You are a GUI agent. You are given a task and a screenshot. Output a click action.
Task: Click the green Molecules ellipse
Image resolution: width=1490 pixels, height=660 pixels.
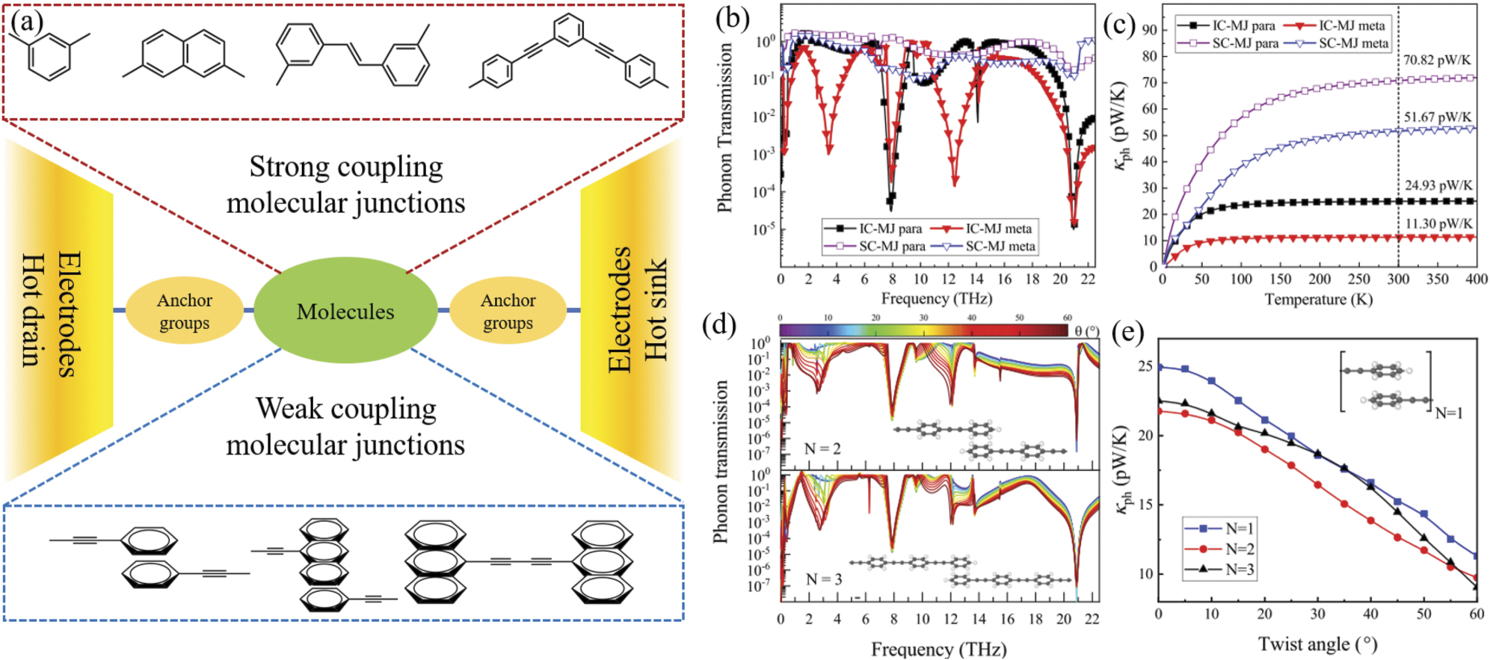click(345, 311)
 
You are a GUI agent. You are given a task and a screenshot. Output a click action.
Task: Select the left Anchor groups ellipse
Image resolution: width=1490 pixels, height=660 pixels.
click(184, 311)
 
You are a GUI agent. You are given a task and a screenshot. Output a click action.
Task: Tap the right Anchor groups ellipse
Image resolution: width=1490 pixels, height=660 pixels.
click(508, 311)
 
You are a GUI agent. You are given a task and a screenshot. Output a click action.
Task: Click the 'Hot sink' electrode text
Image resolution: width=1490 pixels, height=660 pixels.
click(656, 311)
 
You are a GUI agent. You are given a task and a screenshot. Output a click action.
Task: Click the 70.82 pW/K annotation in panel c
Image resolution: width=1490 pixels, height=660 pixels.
click(1437, 60)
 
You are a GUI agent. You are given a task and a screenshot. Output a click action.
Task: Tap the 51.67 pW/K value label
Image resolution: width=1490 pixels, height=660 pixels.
click(1437, 117)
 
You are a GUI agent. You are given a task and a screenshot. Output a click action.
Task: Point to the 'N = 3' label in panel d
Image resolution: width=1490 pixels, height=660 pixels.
click(824, 579)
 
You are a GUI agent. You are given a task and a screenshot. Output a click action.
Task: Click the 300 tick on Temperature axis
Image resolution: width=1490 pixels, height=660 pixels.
click(1398, 280)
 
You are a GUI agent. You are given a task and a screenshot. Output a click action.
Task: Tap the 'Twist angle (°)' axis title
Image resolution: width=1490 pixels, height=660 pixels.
click(1317, 644)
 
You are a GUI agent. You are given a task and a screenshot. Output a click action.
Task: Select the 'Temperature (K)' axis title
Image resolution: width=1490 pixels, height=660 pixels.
click(1318, 300)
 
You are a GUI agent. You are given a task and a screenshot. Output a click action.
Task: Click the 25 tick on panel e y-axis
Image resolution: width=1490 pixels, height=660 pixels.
click(1145, 367)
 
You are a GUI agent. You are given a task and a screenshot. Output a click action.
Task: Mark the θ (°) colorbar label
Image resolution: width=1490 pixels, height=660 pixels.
click(1086, 330)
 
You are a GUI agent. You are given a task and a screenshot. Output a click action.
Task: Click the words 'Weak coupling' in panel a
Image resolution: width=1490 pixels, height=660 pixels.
click(345, 409)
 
